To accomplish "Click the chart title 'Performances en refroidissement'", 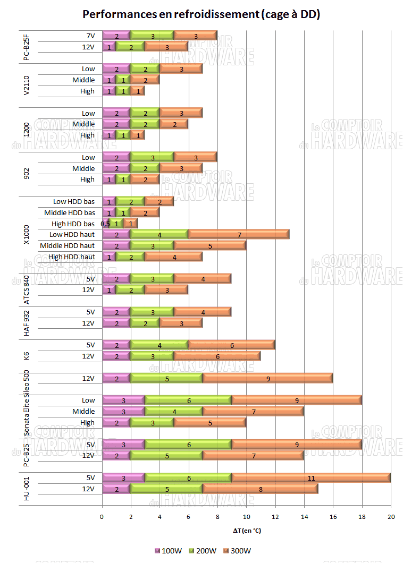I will (201, 14).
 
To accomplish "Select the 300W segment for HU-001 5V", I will (312, 478).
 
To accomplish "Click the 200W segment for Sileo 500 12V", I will (166, 378).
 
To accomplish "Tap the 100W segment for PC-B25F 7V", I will (116, 36).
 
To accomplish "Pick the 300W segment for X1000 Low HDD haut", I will (239, 234).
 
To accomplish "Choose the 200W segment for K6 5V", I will (159, 345).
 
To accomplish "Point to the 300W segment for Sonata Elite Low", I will (297, 400).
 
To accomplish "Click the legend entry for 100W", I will (169, 550).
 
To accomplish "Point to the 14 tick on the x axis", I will (304, 516).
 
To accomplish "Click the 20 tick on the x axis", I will (391, 516).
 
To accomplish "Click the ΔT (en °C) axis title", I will (246, 530).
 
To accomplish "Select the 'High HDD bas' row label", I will (73, 224).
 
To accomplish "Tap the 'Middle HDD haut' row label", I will (67, 245).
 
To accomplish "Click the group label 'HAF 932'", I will (27, 317).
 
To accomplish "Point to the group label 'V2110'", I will (27, 80).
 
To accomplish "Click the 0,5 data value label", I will (105, 224).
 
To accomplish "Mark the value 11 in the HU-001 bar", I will (312, 478).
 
